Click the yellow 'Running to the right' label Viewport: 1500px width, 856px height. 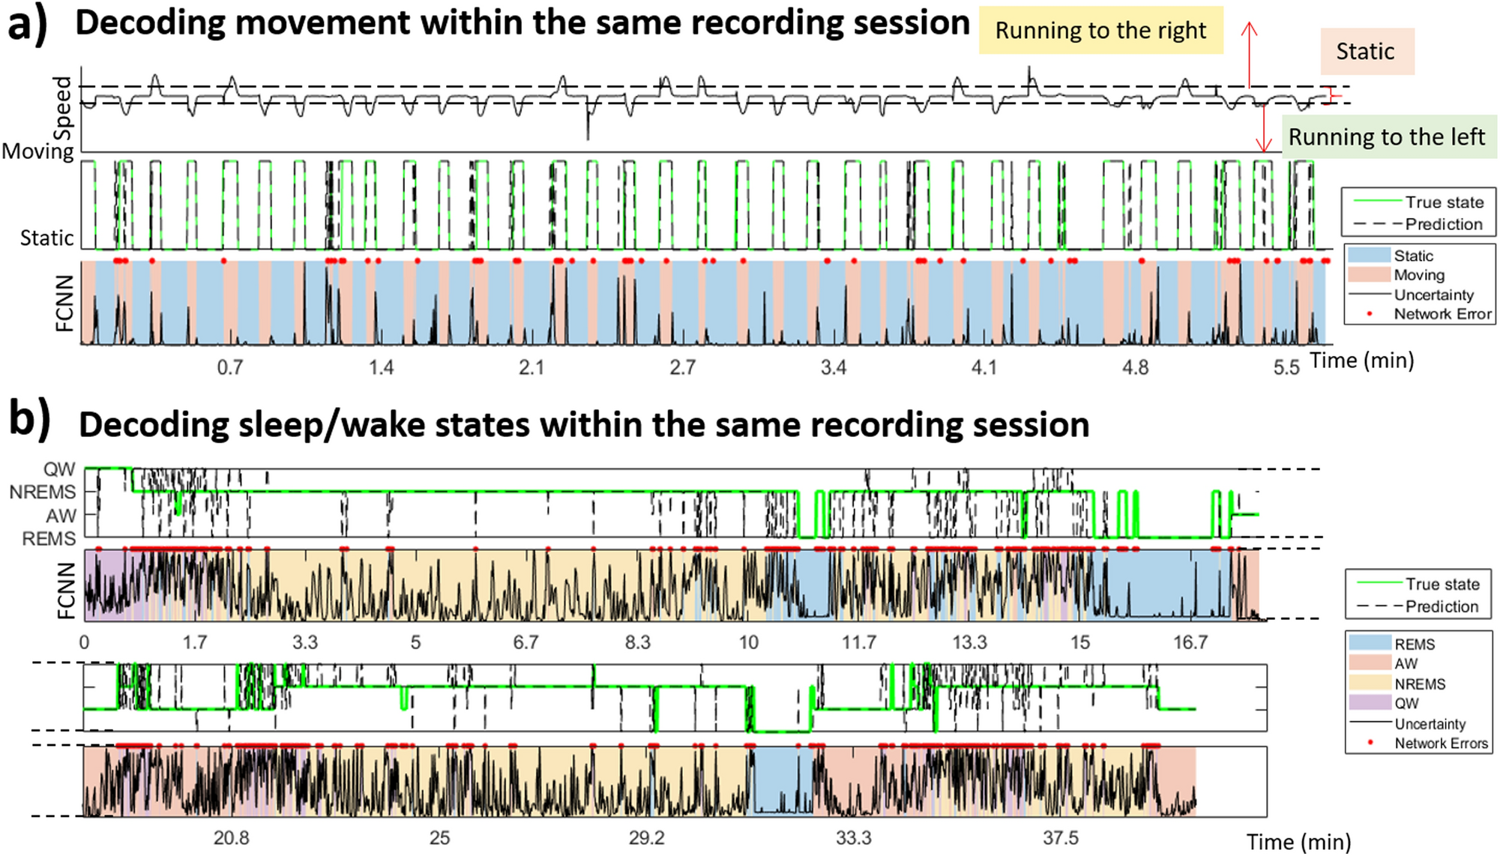[x=1100, y=31]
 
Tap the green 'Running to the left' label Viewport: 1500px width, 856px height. [x=1386, y=137]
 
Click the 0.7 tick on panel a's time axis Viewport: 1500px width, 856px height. [x=230, y=367]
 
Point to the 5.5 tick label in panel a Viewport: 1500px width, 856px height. [x=1286, y=367]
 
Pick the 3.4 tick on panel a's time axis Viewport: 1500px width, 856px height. [x=834, y=367]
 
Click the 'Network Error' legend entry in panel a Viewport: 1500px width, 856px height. [x=1442, y=314]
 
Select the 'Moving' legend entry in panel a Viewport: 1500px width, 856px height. [x=1418, y=275]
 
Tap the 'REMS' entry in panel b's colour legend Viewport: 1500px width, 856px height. [x=1414, y=645]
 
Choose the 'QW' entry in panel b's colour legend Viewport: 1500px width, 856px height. [x=1406, y=703]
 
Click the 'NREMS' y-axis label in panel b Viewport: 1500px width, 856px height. [x=43, y=492]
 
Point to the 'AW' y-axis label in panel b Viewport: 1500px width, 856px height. [x=61, y=516]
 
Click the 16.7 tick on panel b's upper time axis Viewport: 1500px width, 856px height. [x=1190, y=642]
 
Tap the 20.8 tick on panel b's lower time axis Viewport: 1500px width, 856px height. [x=231, y=838]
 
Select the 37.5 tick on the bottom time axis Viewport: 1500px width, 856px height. [x=1060, y=838]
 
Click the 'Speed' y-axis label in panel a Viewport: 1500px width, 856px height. [x=63, y=108]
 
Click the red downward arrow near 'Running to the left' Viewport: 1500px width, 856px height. [x=1264, y=127]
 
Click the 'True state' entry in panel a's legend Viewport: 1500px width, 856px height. [x=1444, y=202]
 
